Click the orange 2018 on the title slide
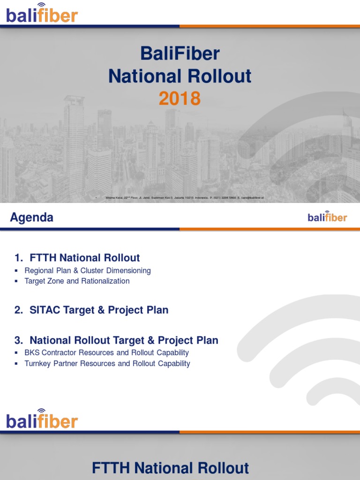[x=180, y=98]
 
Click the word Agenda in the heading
[x=32, y=217]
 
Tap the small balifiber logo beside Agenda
[x=327, y=217]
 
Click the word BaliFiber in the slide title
[x=180, y=54]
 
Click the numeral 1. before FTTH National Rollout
[x=19, y=258]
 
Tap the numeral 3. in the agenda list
[x=19, y=340]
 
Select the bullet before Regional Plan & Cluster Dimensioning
[x=16, y=271]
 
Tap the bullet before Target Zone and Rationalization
[x=16, y=282]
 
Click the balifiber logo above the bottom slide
[x=42, y=420]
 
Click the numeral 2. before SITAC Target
[x=19, y=310]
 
